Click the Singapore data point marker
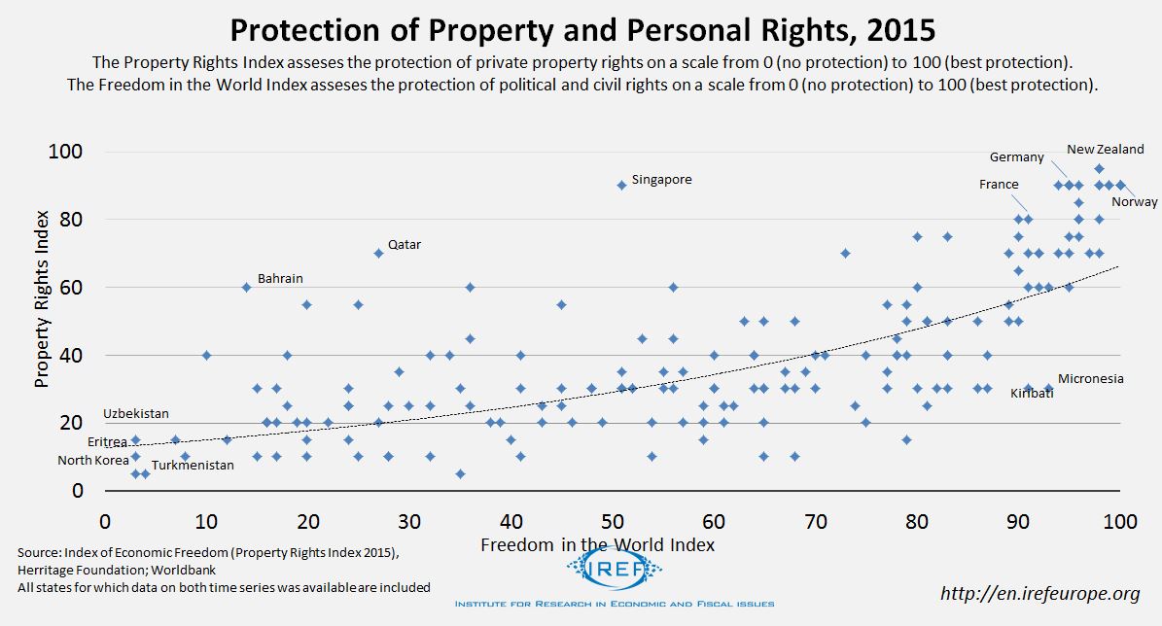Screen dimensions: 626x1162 coord(621,185)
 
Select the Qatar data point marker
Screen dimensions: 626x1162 coord(378,253)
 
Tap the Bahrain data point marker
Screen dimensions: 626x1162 coord(246,287)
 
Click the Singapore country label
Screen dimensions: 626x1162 coord(661,180)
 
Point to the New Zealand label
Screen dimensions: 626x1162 coord(1105,150)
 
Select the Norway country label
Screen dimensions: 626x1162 coord(1135,202)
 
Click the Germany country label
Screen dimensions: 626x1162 coord(1016,157)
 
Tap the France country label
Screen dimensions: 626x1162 coord(999,185)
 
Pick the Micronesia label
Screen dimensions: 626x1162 coord(1090,379)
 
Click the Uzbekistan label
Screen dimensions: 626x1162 coord(136,414)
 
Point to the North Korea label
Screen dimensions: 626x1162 coord(92,461)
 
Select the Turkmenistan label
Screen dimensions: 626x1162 coord(193,466)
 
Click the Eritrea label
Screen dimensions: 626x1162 coord(107,442)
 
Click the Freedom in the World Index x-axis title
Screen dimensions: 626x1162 coord(597,545)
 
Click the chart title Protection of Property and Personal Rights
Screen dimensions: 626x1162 coord(580,29)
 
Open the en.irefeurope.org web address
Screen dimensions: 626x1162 coord(1039,593)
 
